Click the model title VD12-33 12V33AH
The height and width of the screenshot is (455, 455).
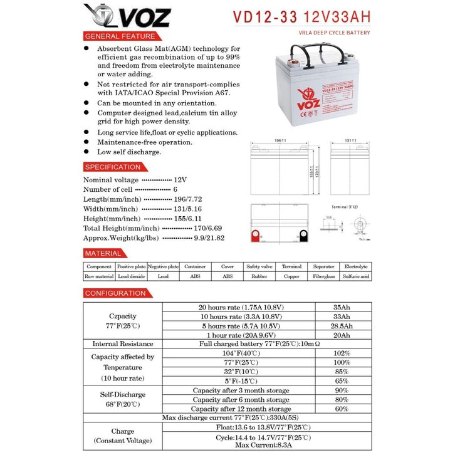click(301, 17)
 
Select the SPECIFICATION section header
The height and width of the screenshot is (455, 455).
click(113, 167)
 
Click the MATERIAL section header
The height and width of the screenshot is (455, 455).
click(103, 253)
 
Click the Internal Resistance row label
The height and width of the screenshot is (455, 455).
click(123, 343)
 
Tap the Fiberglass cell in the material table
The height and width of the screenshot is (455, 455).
click(324, 276)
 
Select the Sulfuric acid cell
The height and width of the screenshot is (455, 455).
click(356, 276)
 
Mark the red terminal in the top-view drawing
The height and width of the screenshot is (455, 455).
click(255, 236)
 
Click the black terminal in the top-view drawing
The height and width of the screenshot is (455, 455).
click(303, 236)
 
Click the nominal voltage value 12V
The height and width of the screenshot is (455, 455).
click(180, 179)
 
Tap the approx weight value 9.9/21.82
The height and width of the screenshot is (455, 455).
click(209, 238)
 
